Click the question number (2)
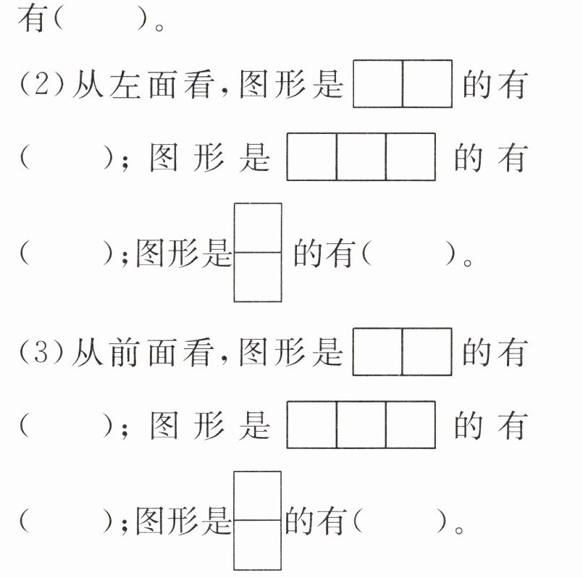(43, 86)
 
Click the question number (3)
(43, 353)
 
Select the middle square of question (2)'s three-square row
(361, 156)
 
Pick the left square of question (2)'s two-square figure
(377, 84)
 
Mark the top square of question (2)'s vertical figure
(257, 228)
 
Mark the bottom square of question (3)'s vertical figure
(257, 545)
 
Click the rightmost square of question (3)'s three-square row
(411, 424)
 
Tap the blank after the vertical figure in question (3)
(401, 522)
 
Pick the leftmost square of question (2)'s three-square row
(311, 156)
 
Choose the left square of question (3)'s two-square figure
(377, 353)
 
